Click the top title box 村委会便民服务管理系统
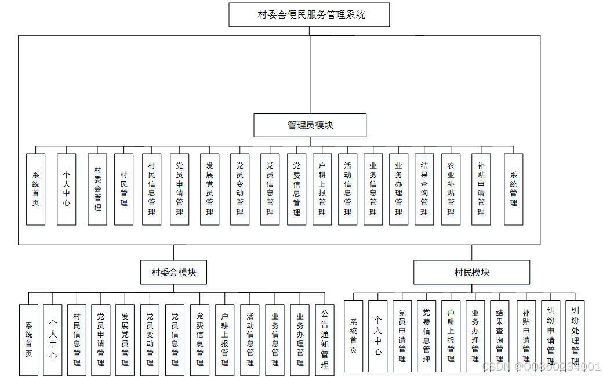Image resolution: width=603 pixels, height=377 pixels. [x=309, y=14]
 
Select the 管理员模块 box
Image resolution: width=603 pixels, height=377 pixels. [x=310, y=125]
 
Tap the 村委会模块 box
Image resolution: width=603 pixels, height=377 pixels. [x=173, y=272]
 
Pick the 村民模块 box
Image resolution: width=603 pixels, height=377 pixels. [x=471, y=272]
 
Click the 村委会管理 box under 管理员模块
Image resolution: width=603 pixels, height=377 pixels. [x=97, y=189]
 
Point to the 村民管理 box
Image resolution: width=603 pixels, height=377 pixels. [x=123, y=189]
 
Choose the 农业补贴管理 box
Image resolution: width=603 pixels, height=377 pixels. [x=451, y=189]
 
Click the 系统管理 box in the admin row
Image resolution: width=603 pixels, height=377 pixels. [x=513, y=189]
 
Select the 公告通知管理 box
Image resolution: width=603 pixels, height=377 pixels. [x=325, y=339]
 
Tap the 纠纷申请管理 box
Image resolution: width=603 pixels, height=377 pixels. [x=551, y=336]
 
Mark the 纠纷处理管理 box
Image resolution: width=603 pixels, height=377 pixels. [x=575, y=336]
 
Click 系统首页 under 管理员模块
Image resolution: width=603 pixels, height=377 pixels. [x=36, y=189]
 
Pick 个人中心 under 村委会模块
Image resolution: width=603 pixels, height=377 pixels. [x=52, y=339]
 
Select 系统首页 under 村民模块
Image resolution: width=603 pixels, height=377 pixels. [x=353, y=336]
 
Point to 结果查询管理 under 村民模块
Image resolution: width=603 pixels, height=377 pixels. [x=499, y=336]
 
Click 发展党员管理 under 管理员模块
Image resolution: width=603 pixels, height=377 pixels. [x=209, y=189]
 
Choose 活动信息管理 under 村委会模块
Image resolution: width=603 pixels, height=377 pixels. [x=250, y=339]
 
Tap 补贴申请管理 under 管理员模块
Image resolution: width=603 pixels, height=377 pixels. [x=481, y=189]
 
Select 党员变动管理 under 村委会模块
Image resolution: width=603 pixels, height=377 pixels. [x=150, y=339]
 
